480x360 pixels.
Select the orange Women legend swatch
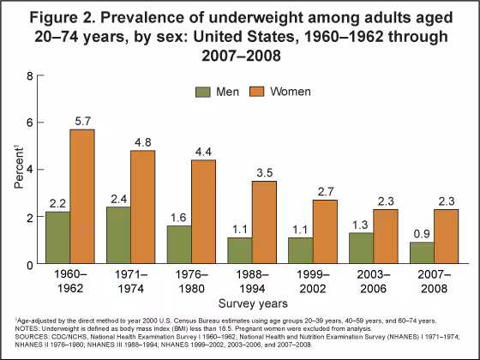[x=257, y=91]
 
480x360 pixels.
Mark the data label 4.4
[x=227, y=151]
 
